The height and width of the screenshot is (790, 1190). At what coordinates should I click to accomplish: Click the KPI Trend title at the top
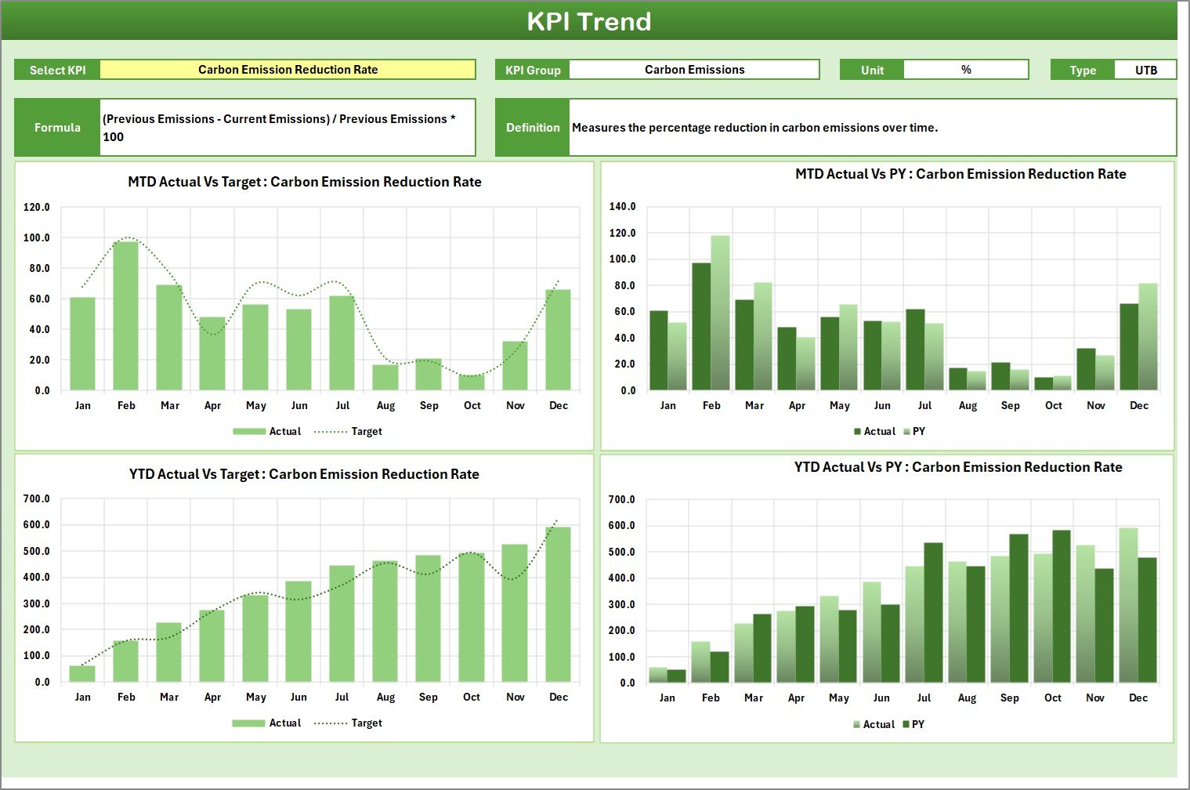click(x=588, y=21)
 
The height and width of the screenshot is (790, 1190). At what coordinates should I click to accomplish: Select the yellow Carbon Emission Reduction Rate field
click(x=288, y=70)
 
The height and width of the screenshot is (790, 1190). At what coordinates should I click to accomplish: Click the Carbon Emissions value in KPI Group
click(x=694, y=70)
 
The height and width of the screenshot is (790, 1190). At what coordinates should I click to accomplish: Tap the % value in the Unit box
click(x=966, y=70)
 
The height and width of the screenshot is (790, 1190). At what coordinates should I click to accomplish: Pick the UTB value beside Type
click(x=1145, y=70)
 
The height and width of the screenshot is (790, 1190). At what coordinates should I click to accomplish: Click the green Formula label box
click(x=57, y=128)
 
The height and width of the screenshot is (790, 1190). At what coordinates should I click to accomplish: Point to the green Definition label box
click(x=533, y=128)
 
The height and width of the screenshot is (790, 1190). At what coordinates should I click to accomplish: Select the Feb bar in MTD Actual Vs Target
click(x=126, y=316)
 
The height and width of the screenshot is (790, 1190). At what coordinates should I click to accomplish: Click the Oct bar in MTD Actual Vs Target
click(x=472, y=382)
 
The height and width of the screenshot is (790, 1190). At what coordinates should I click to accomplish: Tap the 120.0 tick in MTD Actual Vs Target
click(x=37, y=208)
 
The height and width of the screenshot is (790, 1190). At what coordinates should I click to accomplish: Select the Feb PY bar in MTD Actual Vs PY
click(x=720, y=313)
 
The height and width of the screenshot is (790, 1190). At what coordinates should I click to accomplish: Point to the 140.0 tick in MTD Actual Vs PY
click(x=623, y=207)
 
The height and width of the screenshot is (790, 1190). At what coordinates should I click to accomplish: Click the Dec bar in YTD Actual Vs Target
click(x=558, y=604)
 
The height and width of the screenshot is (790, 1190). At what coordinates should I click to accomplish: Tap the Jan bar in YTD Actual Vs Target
click(x=82, y=673)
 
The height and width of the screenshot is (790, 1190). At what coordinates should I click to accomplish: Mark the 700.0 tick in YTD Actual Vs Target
click(x=37, y=499)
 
